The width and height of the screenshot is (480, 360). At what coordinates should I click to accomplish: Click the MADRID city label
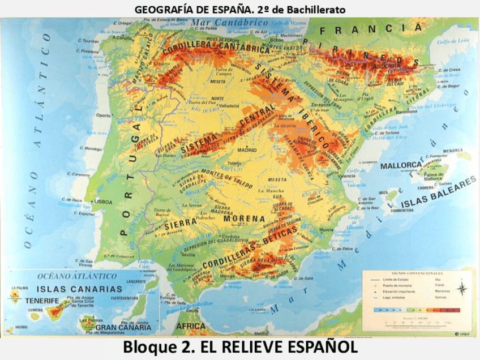(247, 150)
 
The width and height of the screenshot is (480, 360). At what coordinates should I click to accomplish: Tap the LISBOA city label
(104, 201)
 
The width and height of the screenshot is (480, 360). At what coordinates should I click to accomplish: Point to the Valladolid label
(229, 105)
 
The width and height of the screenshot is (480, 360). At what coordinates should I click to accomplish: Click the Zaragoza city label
(320, 105)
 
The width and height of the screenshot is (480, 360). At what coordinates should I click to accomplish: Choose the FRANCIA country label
(370, 29)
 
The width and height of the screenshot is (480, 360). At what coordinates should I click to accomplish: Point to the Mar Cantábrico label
(229, 23)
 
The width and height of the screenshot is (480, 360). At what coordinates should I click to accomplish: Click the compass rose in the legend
(462, 289)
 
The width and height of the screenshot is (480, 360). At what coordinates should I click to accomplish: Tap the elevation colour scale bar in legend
(417, 310)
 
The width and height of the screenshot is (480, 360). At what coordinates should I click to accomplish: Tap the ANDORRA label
(384, 65)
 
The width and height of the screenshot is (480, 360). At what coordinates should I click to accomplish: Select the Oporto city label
(104, 115)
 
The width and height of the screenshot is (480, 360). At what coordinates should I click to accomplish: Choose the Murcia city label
(327, 230)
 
